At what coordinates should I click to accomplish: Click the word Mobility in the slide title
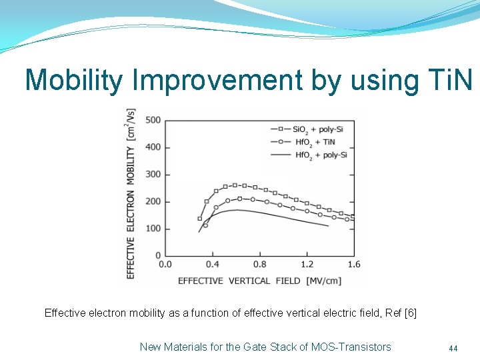74,81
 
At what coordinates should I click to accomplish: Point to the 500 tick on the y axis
153,120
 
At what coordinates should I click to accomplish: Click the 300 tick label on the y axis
153,175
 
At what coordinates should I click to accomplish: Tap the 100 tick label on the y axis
153,229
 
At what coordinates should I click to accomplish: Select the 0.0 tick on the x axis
165,265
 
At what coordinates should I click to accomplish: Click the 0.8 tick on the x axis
259,265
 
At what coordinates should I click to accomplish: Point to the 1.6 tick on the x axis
353,265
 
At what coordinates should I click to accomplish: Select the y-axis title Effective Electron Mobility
131,193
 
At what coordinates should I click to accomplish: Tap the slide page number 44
453,348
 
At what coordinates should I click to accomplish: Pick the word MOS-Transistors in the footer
351,347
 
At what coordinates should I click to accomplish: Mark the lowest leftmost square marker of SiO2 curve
199,219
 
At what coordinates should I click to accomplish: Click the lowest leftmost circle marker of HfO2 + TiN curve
205,225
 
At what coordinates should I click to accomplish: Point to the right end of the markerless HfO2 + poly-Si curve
328,226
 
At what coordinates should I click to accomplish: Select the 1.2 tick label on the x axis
307,265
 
